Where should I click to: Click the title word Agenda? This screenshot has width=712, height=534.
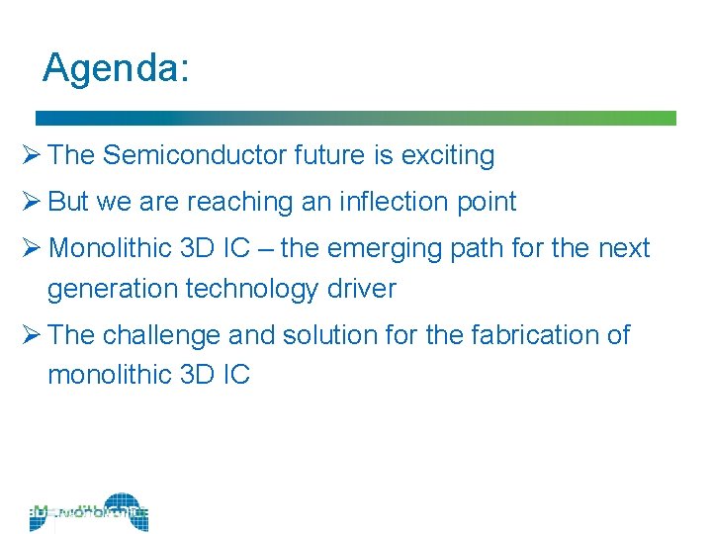click(x=116, y=68)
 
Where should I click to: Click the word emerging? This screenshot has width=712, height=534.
click(x=391, y=247)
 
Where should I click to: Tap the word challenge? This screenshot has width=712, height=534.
click(x=162, y=335)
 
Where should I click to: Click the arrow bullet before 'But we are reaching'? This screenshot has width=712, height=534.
click(x=31, y=202)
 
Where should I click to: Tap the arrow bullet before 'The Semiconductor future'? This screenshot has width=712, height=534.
click(x=31, y=155)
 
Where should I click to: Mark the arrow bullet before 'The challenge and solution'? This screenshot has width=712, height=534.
click(x=31, y=335)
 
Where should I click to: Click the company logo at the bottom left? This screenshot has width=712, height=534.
click(x=89, y=512)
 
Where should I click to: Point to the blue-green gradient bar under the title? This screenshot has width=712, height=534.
click(x=356, y=118)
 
